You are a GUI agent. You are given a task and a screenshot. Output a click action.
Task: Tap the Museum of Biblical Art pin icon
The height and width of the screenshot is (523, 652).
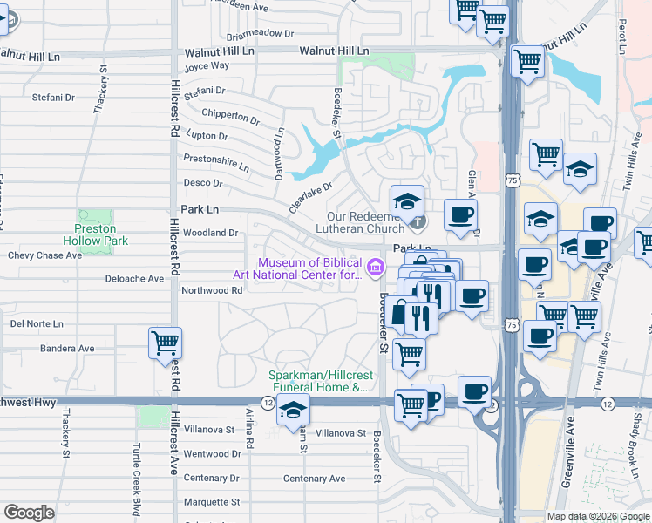click(x=376, y=265)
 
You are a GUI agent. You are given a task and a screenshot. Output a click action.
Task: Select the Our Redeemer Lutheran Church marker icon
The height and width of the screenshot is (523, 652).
click(x=418, y=223)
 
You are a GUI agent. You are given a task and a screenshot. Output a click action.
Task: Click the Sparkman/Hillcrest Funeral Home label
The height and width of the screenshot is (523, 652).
click(x=317, y=382)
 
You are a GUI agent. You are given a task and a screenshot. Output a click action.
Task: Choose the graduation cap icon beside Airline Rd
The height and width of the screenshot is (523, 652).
click(x=293, y=409)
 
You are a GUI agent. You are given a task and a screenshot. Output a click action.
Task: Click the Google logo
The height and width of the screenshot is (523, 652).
click(x=29, y=513)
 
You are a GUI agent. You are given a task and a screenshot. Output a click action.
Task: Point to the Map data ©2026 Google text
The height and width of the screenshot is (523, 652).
click(x=598, y=516)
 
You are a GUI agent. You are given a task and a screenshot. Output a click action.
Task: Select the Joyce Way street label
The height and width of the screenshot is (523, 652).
click(x=207, y=65)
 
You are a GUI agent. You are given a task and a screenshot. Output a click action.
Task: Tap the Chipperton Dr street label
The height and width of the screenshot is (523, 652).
click(x=230, y=116)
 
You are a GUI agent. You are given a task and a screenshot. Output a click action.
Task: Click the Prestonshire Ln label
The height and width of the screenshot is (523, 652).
click(x=216, y=161)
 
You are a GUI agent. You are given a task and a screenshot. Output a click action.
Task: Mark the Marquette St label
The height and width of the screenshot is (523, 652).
click(x=211, y=502)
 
